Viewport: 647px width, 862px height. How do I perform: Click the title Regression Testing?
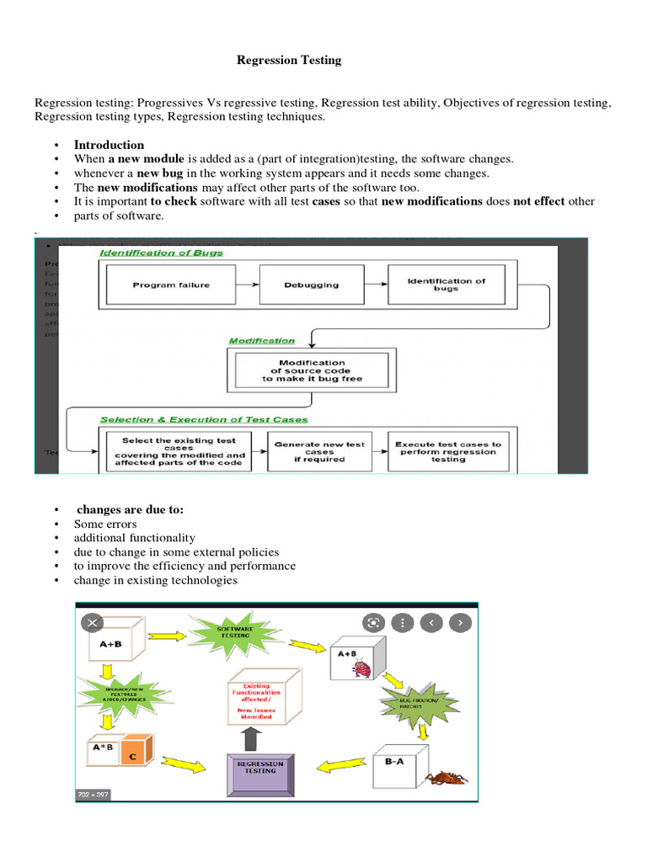coord(288,60)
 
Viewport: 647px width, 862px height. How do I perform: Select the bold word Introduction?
coord(109,145)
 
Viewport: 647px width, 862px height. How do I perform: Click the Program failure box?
coord(170,285)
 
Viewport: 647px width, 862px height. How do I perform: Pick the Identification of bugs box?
coord(446,285)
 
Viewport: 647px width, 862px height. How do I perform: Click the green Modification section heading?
coord(262,341)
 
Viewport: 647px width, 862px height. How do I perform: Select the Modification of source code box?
coord(312,371)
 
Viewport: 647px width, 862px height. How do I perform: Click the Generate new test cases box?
coord(319,451)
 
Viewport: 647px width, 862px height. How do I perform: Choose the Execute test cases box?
coord(447,451)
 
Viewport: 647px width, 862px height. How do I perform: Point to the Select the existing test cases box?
coord(179,451)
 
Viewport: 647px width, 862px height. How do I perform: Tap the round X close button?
coord(92,623)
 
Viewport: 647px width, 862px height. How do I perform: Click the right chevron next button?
coord(459,623)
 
